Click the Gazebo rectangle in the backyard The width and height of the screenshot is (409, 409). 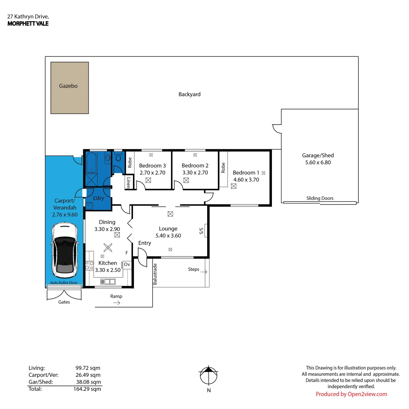point(70,88)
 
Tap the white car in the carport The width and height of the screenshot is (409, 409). point(66,250)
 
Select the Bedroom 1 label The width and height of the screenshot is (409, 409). point(244,173)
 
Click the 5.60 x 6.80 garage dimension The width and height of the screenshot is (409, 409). point(318,162)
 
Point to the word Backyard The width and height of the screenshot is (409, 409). point(189,94)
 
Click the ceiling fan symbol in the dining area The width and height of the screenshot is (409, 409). point(108,247)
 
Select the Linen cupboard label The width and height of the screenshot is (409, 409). point(128,183)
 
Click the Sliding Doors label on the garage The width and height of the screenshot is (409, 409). point(320,198)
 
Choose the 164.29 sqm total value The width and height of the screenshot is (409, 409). point(88,389)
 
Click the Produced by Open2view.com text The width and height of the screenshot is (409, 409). point(351,394)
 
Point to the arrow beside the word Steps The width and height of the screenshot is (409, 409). point(204,272)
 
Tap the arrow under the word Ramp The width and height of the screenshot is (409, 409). point(117,303)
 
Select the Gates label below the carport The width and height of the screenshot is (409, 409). point(64,302)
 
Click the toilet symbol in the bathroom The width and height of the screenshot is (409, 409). point(118,156)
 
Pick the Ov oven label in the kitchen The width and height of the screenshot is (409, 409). point(127,264)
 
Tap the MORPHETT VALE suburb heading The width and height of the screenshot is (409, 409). point(28,23)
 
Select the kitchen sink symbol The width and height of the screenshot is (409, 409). point(108,281)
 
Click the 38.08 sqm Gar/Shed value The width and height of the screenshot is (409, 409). point(88,382)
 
